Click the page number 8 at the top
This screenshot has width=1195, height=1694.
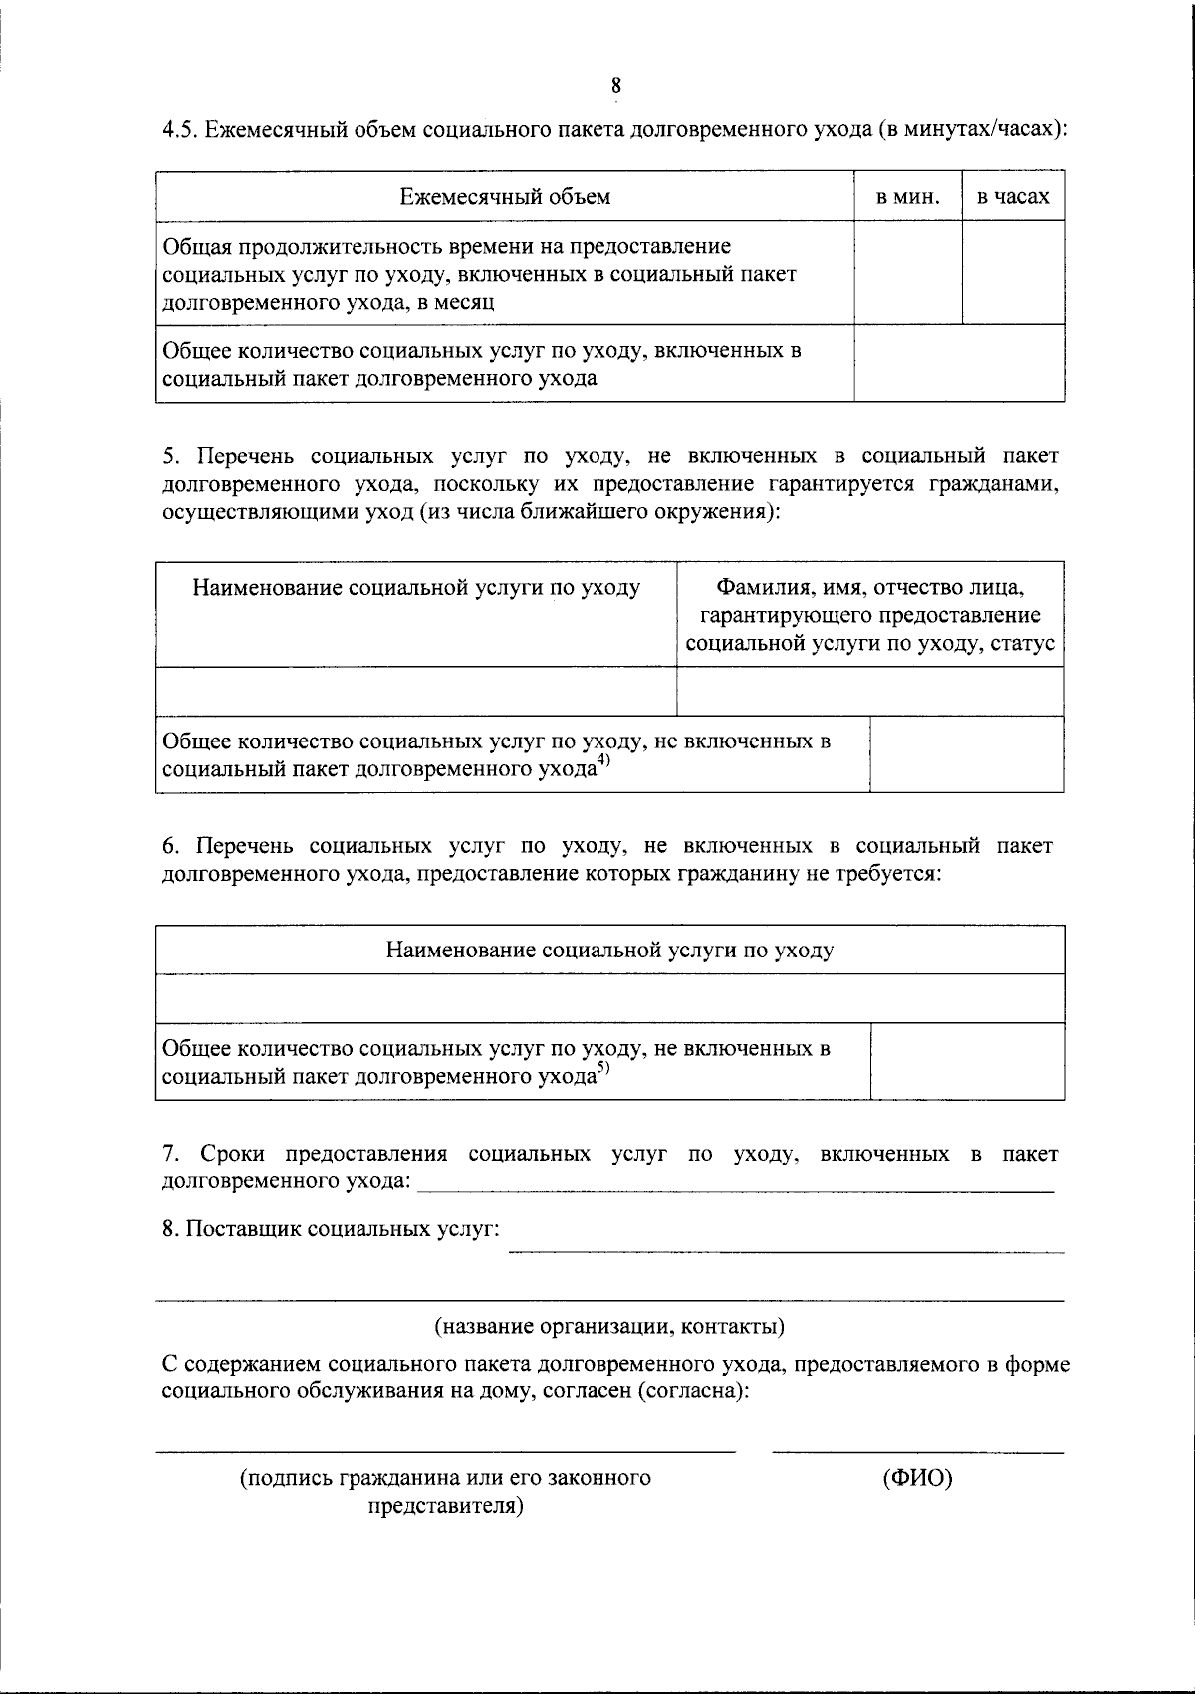[x=616, y=85]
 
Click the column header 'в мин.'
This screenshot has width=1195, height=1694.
[x=907, y=197]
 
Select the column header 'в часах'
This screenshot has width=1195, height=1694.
[x=1013, y=197]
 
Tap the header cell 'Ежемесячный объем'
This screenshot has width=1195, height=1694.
[x=505, y=197]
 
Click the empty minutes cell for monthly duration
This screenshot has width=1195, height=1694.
[x=907, y=273]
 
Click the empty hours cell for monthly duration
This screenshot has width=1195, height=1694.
[x=1013, y=273]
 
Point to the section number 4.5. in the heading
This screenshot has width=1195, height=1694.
[x=180, y=129]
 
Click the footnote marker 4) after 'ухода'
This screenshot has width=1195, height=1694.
[x=603, y=763]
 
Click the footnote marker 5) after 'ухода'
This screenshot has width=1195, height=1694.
[x=603, y=1070]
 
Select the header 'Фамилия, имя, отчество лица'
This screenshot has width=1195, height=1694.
[x=869, y=588]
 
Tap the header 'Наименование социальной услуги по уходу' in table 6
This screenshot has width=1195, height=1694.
[x=609, y=950]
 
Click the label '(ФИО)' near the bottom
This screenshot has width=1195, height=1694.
[x=917, y=1478]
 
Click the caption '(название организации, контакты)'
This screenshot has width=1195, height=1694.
[x=609, y=1327]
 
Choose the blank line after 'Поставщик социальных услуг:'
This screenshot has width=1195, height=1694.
[x=786, y=1251]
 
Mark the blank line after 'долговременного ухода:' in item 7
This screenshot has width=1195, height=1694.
[x=735, y=1190]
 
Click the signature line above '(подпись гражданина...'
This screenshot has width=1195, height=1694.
[x=445, y=1452]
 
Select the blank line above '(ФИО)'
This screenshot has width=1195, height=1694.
[x=917, y=1452]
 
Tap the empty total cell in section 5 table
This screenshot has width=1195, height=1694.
[x=966, y=754]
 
